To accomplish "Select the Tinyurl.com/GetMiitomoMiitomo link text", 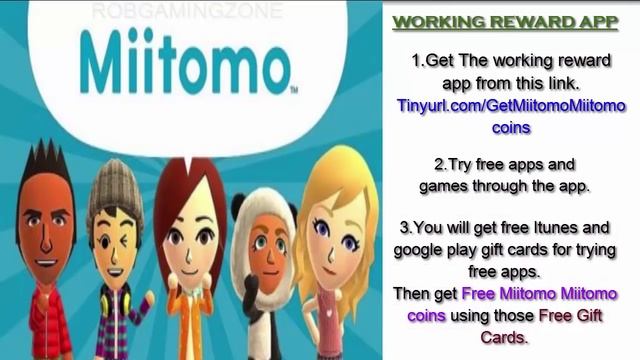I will pyautogui.click(x=511, y=105).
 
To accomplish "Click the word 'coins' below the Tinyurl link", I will pyautogui.click(x=511, y=127).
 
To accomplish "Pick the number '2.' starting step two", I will pyautogui.click(x=440, y=163).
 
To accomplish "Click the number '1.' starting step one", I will pyautogui.click(x=418, y=61).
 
